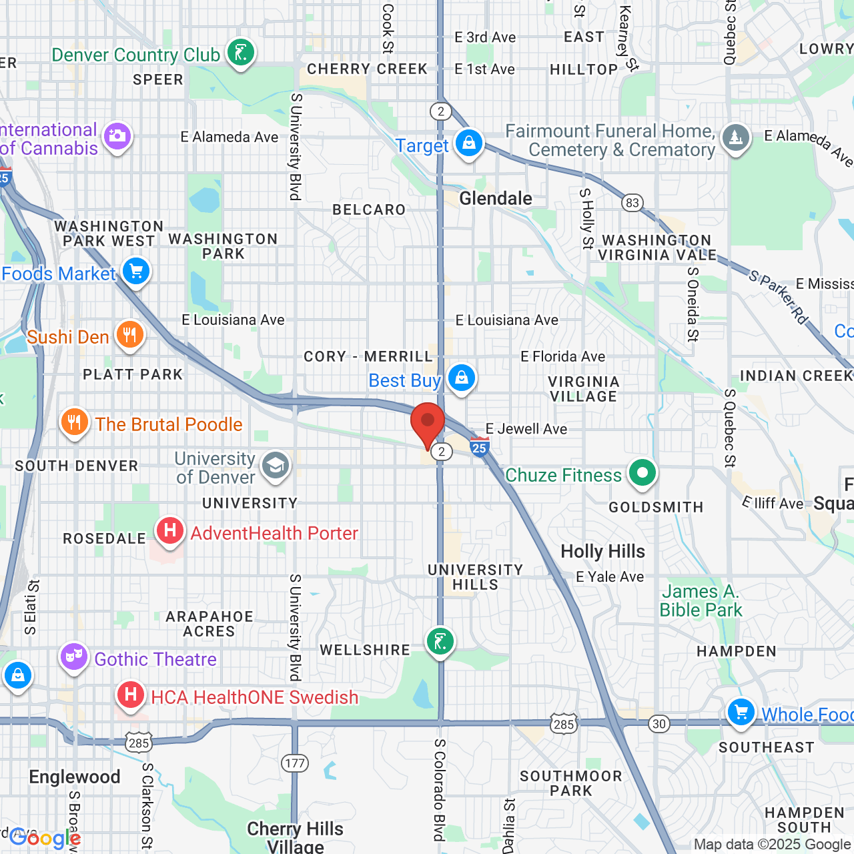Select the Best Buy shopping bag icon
461,378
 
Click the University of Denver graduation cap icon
276,466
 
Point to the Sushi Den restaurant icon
130,335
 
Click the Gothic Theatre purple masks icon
74,657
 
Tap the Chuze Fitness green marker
642,474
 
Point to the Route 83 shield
632,203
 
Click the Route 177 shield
294,763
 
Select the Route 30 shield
659,724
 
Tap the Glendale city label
496,198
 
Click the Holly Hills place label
602,551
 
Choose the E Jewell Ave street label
526,429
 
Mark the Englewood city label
75,777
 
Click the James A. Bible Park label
701,600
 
